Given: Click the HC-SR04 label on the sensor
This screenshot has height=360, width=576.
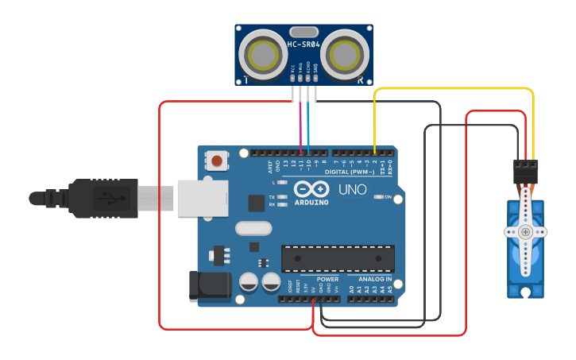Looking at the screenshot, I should (304, 45).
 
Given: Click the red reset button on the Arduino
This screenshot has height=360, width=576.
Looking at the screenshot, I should (217, 161).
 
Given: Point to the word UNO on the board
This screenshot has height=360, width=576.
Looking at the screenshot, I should (353, 191).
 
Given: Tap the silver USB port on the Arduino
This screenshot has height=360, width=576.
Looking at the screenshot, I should (198, 198).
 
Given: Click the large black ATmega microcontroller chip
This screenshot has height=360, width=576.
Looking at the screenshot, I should (338, 258).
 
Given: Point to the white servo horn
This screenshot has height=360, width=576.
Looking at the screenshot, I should (525, 232).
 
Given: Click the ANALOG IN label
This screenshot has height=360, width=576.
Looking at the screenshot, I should (373, 280).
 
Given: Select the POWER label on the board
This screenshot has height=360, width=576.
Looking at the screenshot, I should (327, 280).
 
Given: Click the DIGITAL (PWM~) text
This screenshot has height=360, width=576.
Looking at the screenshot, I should (350, 171).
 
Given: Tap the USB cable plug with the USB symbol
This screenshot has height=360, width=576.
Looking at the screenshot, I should (104, 198).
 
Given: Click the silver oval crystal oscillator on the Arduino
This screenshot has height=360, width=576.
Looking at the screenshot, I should (253, 229).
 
